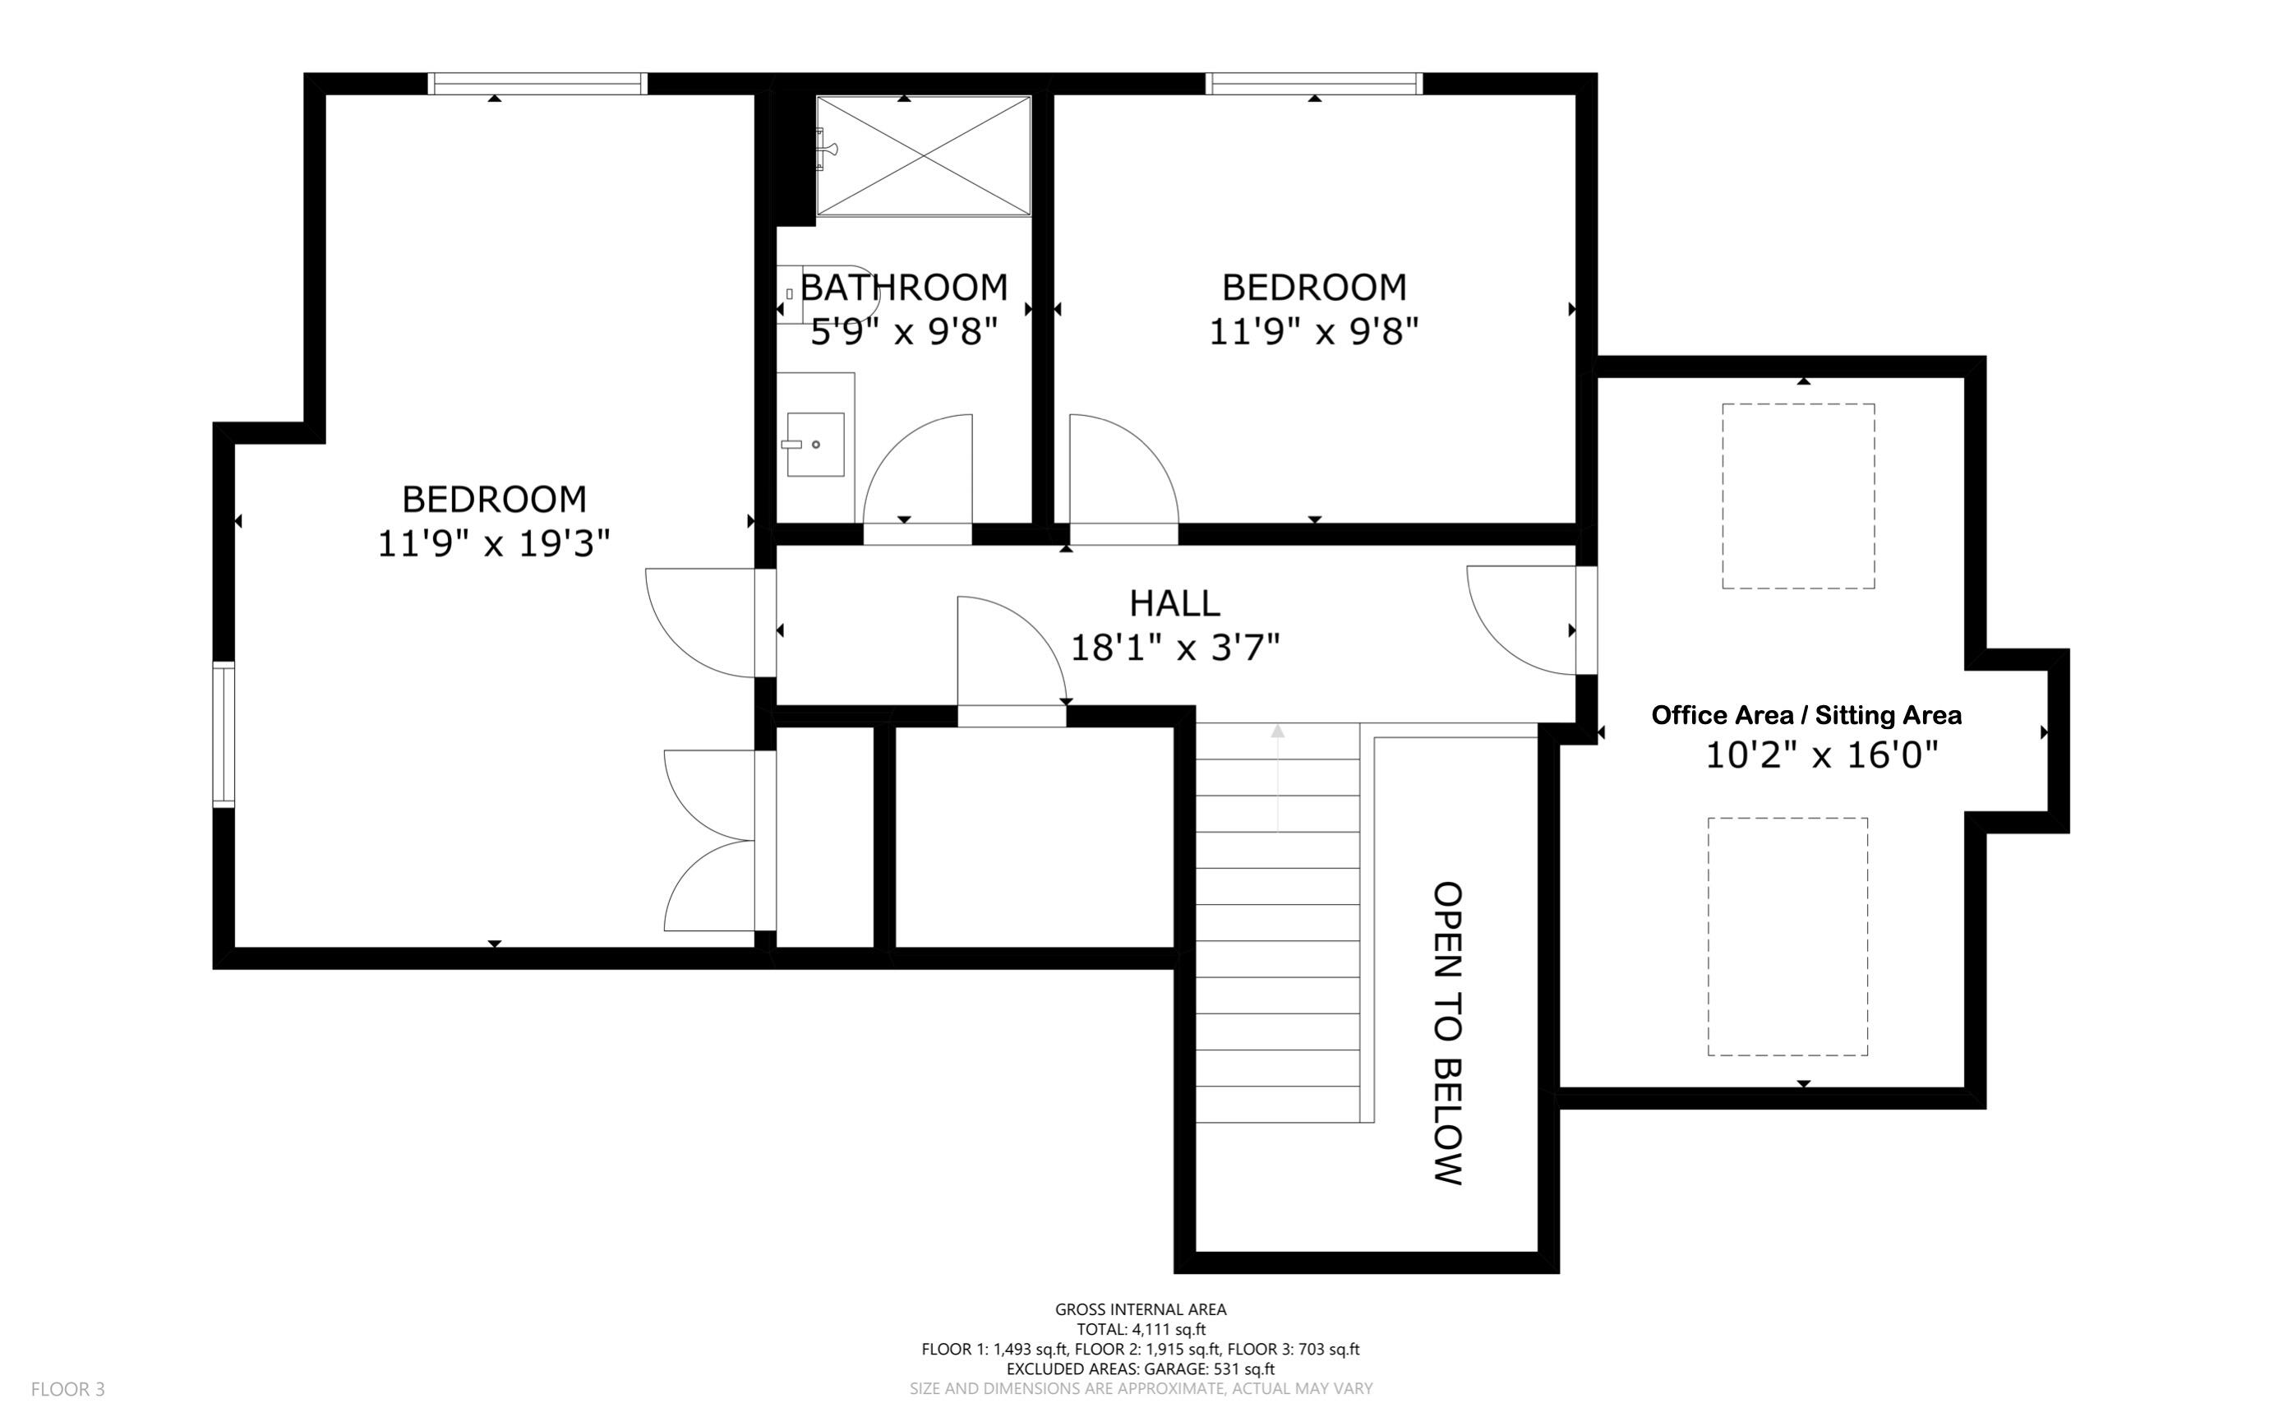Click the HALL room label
1174,602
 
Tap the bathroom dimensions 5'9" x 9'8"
903,332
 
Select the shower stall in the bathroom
923,155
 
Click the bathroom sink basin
814,444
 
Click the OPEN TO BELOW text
1447,1032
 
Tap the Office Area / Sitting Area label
1806,715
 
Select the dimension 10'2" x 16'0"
1821,755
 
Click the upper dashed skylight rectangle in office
1797,496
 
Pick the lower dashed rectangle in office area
1787,936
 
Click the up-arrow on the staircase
1278,731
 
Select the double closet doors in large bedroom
709,839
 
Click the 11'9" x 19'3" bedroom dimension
493,544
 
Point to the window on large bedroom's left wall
224,736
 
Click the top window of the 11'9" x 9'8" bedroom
1313,84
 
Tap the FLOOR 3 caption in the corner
68,1389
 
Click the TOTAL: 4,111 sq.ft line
1140,1330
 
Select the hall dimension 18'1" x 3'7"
1174,648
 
